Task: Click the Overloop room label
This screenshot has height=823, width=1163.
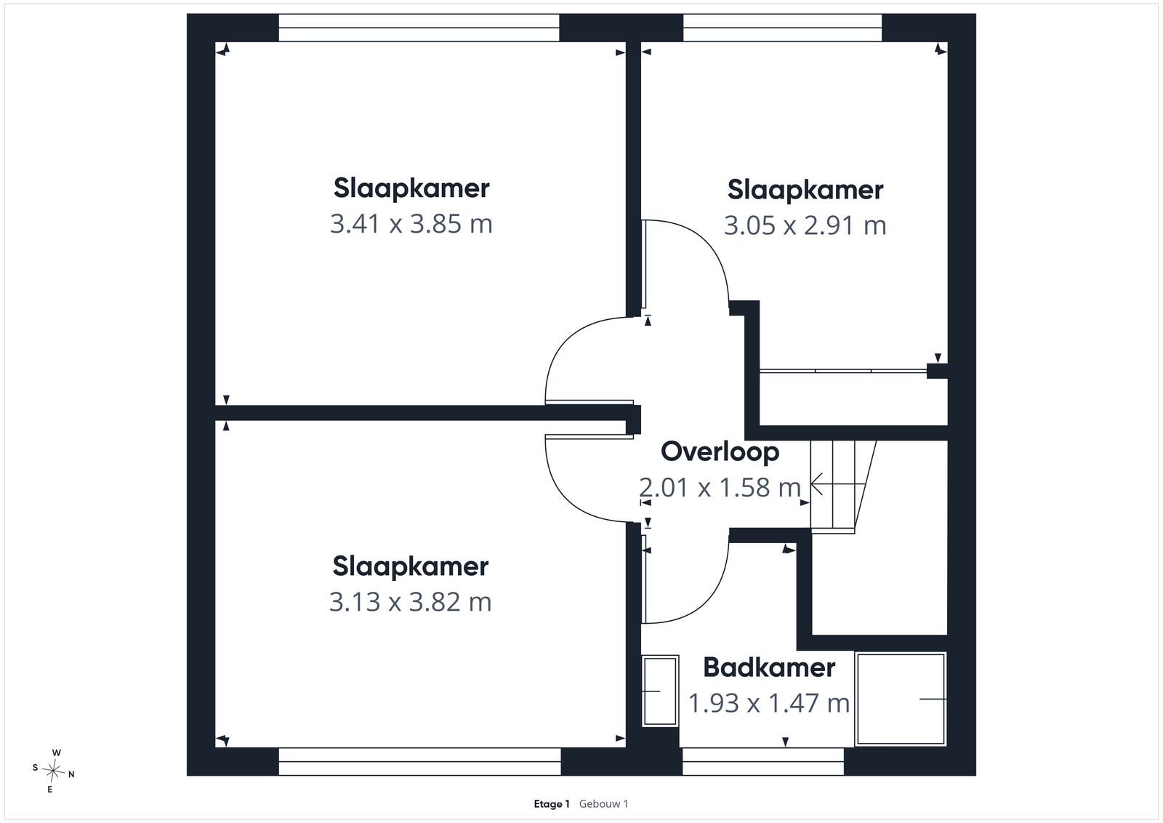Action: (x=720, y=451)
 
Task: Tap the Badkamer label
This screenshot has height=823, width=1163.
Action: (x=769, y=667)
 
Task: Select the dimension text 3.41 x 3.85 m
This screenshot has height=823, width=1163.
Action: (x=411, y=225)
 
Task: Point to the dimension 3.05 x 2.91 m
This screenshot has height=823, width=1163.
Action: (x=805, y=226)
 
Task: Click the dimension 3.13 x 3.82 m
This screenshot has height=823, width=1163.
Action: (x=410, y=602)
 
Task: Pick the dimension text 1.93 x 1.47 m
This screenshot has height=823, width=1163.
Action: (x=769, y=704)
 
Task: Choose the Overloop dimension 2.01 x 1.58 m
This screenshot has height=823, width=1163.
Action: (x=720, y=488)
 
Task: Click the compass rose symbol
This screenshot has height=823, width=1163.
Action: (x=53, y=771)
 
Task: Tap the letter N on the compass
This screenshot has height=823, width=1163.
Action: (x=72, y=775)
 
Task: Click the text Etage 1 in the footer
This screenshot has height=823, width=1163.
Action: (x=552, y=804)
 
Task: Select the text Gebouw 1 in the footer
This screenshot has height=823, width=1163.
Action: (x=603, y=804)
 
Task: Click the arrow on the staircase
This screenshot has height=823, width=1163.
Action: (x=837, y=484)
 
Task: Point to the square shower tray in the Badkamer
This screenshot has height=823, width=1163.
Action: (x=901, y=699)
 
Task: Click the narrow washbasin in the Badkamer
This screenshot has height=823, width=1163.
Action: (x=661, y=691)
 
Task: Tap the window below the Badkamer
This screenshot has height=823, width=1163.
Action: (x=762, y=761)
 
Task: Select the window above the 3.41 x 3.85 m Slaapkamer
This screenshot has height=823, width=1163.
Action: (x=419, y=28)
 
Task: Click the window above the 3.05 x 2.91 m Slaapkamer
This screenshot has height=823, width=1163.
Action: (x=782, y=28)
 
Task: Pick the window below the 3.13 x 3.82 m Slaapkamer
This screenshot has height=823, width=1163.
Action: (x=419, y=761)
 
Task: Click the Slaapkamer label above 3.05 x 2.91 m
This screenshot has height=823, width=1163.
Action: (x=805, y=190)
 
